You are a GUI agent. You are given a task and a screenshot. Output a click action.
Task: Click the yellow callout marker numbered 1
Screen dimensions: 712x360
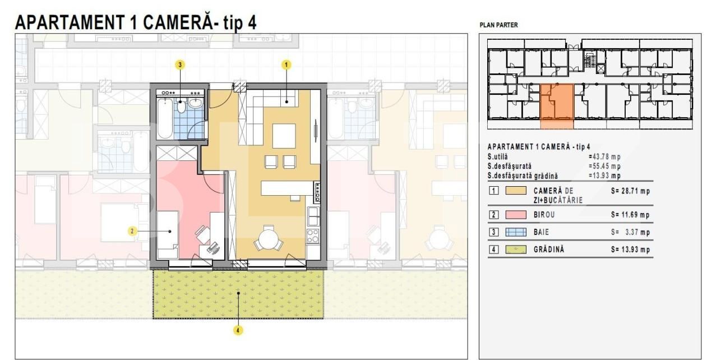click(x=286, y=65)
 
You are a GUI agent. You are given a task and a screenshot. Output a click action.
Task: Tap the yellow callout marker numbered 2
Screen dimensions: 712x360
click(x=132, y=231)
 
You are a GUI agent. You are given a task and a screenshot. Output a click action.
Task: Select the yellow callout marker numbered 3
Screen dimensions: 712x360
click(x=180, y=65)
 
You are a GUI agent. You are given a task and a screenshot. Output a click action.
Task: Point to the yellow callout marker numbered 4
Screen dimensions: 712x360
click(x=238, y=330)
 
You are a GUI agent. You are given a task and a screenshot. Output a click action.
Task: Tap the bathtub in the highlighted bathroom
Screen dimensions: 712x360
click(x=165, y=118)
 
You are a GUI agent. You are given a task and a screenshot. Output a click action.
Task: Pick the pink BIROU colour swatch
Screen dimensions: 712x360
click(x=516, y=215)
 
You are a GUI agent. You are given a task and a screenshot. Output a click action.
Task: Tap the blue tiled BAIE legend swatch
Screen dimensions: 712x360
click(x=516, y=232)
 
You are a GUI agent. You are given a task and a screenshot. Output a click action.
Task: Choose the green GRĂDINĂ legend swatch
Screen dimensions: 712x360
click(x=516, y=250)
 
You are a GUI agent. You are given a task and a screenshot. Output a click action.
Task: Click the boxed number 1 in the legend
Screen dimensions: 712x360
click(x=493, y=191)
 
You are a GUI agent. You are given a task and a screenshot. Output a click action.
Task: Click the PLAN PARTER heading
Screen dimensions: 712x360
click(x=498, y=25)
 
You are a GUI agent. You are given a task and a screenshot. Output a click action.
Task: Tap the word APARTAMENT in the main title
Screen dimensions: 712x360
click(x=70, y=22)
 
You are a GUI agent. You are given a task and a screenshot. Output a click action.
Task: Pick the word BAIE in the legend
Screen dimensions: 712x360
click(x=542, y=232)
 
